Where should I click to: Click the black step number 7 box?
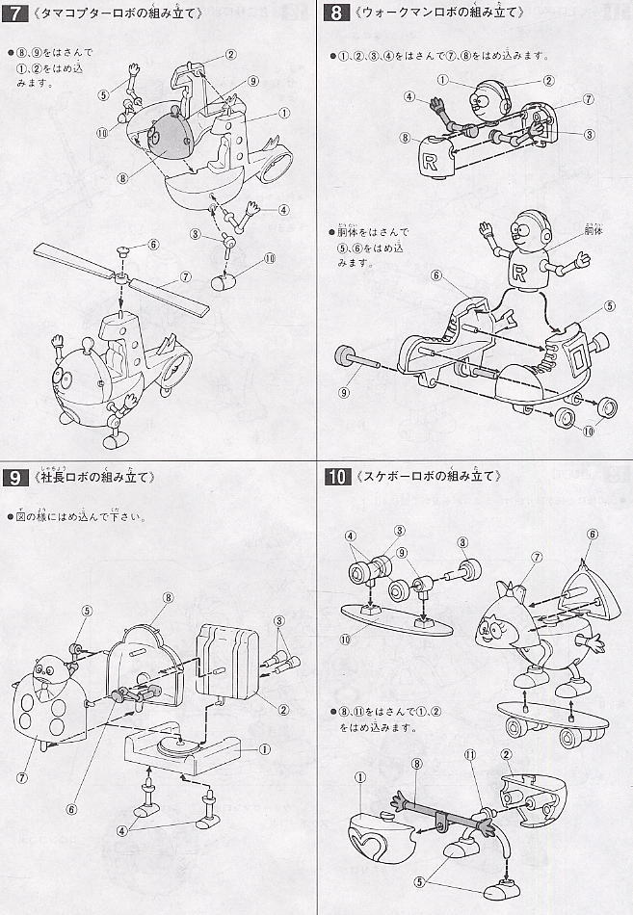click(16, 13)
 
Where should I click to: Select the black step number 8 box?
click(335, 13)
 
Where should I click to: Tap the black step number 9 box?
click(16, 477)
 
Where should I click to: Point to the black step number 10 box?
click(338, 477)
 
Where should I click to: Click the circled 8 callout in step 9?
click(168, 597)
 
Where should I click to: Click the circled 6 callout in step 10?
click(592, 534)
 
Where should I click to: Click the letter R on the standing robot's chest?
click(521, 274)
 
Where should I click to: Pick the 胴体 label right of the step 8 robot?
click(594, 233)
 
